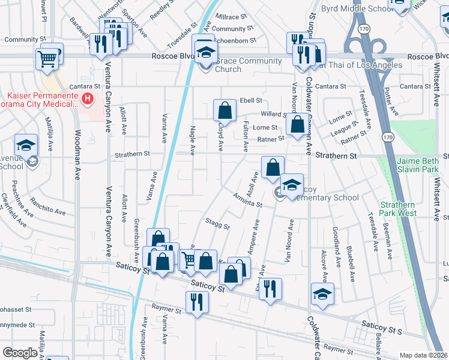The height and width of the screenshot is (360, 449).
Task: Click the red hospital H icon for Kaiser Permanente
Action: [x=88, y=98]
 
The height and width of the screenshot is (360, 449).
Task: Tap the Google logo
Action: [x=20, y=353]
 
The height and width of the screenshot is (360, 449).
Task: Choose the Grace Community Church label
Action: [x=249, y=65]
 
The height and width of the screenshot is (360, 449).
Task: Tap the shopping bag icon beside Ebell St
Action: [x=224, y=110]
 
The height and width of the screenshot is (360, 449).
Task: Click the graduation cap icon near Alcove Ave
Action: [x=322, y=294]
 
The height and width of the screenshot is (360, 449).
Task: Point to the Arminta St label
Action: [x=249, y=201]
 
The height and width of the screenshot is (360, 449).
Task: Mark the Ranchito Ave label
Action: [x=47, y=207]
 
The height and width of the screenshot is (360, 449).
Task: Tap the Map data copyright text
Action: [x=423, y=355]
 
